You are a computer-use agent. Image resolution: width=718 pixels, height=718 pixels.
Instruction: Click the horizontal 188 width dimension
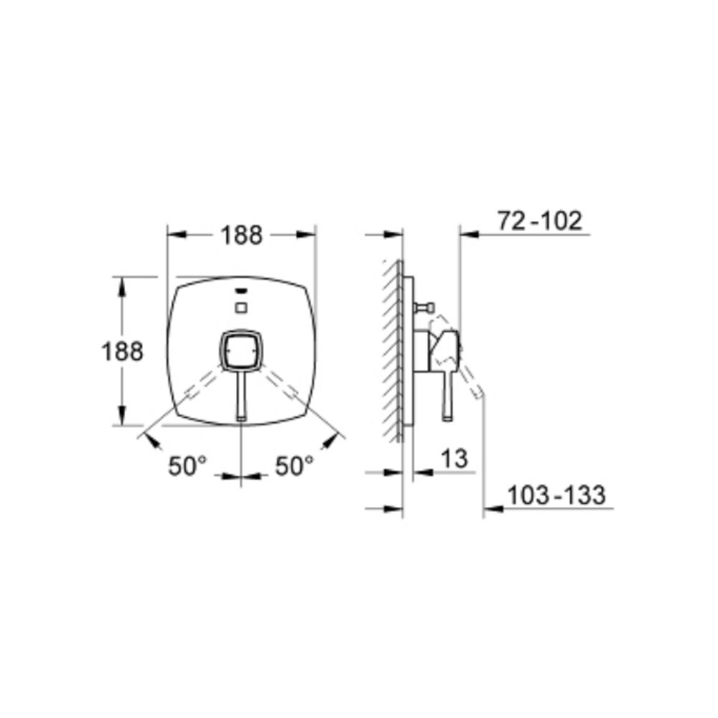point(241,235)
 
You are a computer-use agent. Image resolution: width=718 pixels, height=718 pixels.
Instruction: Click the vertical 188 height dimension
point(122,352)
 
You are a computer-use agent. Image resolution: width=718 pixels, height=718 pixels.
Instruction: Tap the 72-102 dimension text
point(540,220)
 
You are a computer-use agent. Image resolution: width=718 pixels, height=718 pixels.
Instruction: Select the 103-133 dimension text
point(556,495)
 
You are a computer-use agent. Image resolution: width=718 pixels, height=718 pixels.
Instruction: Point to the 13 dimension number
point(454,458)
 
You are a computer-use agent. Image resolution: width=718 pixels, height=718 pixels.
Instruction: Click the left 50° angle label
point(187,466)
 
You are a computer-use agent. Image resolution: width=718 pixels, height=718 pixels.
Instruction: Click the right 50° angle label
point(294,466)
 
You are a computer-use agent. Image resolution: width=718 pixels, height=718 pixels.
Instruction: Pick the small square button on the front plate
point(241,307)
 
